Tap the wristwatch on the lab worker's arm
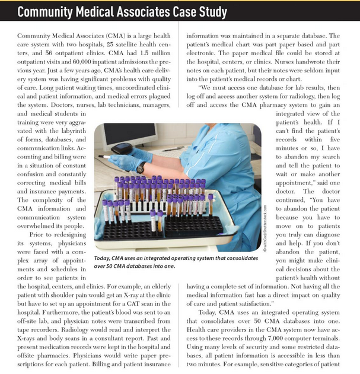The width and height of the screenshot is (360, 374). tap(141, 168)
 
